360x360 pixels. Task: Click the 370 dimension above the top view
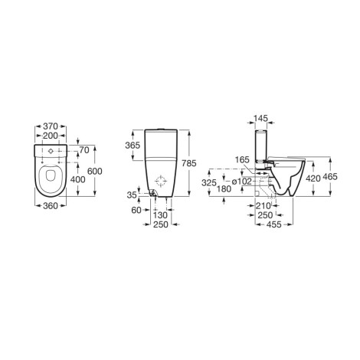[51, 126]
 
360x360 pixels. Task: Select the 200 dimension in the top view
[51, 136]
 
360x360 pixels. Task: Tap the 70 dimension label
[84, 150]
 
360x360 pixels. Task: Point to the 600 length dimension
[95, 171]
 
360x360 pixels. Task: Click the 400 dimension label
[77, 179]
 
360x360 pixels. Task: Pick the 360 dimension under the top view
[51, 205]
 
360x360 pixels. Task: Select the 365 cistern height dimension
[133, 146]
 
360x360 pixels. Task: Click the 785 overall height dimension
[189, 163]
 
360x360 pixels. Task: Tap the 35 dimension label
[132, 195]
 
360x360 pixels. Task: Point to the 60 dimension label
[136, 210]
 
